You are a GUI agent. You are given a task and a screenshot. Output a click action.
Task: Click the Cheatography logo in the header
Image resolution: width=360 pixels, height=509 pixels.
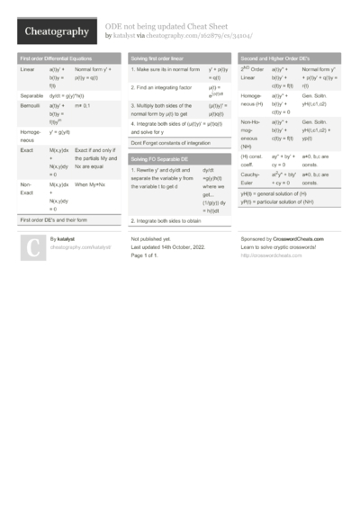(x=57, y=31)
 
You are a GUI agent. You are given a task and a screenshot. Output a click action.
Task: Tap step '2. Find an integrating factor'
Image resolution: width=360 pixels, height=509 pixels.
(x=165, y=88)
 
